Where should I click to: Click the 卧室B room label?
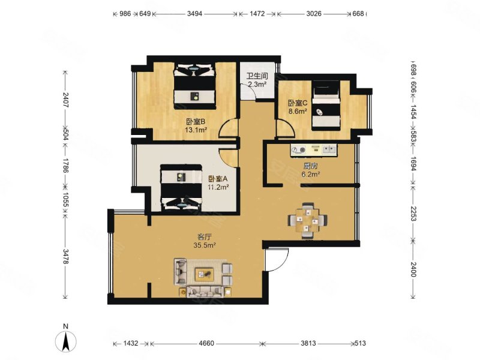pos(196,120)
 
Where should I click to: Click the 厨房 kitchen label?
pos(310,166)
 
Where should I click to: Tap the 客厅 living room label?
pos(205,236)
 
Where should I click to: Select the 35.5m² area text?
pos(205,245)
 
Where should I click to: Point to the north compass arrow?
pos(67,341)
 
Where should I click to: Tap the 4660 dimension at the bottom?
pos(206,344)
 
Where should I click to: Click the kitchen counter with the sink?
pos(313,149)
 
